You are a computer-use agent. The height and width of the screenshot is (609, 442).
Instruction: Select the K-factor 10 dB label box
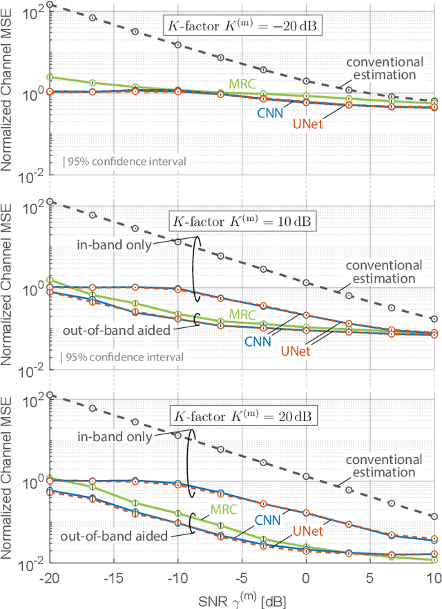pyautogui.click(x=241, y=222)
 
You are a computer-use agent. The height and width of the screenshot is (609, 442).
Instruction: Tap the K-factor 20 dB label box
pyautogui.click(x=241, y=417)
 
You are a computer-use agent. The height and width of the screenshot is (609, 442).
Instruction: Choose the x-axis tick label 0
pyautogui.click(x=306, y=577)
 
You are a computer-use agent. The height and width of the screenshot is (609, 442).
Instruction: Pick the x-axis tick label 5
pyautogui.click(x=370, y=577)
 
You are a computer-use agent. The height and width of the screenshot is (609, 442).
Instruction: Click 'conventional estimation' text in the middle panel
pyautogui.click(x=383, y=272)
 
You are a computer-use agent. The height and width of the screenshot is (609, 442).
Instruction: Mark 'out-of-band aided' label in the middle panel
pyautogui.click(x=114, y=331)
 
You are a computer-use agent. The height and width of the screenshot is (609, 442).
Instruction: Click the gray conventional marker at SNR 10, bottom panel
pyautogui.click(x=434, y=516)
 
